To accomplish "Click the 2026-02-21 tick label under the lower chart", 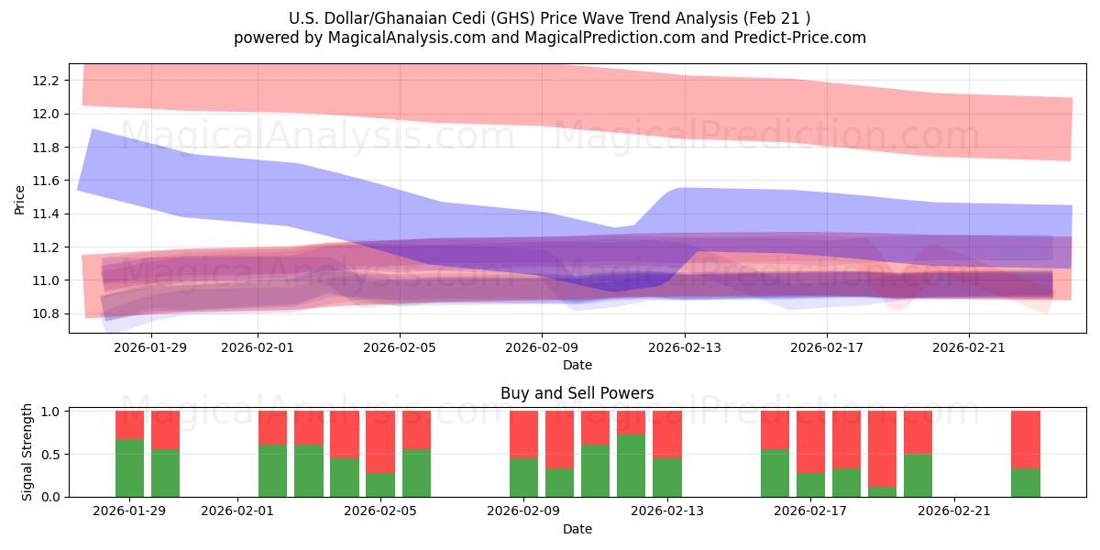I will pos(955,511).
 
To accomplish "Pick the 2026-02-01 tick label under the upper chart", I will pos(258,347).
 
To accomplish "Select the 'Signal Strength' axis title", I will pos(27,451).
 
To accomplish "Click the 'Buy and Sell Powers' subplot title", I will pos(577,393).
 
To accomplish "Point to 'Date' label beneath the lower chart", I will pos(577,529).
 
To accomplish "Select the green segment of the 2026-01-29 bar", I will pos(129,467).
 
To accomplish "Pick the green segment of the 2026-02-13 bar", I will pos(667,477).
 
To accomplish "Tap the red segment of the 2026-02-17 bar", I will pos(811,442).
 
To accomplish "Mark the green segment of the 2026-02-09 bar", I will pos(523,477).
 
